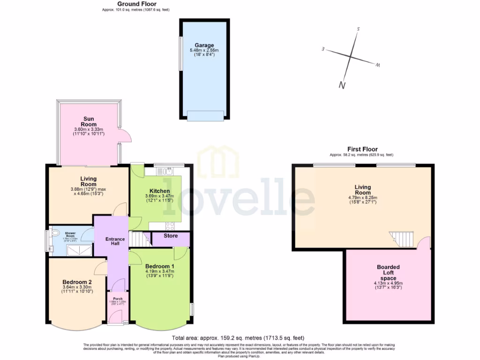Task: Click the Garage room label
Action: pos(204,45)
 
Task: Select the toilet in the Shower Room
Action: pos(55,232)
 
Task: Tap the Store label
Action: pos(171,236)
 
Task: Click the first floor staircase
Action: pos(402,239)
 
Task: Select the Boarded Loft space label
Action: pos(388,272)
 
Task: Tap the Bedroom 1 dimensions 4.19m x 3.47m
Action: pos(159,271)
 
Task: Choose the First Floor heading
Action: pos(362,149)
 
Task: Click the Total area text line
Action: pos(238,337)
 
